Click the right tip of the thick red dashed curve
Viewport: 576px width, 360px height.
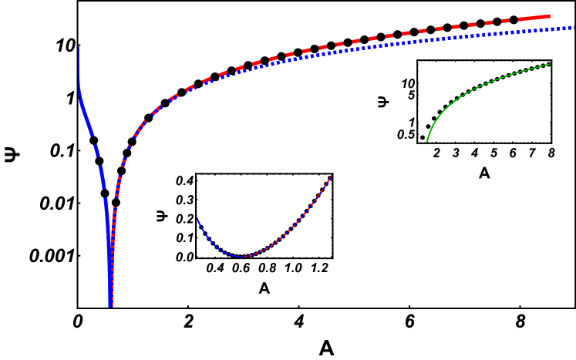pos(550,15)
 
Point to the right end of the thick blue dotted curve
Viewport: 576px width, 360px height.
pos(574,28)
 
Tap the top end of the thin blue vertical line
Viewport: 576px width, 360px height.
pos(79,46)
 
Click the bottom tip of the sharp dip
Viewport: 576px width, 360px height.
pos(111,306)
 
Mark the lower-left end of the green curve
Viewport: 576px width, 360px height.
pos(427,142)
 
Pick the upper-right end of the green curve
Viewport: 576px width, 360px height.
pos(550,64)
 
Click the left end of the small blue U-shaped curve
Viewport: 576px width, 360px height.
pos(197,219)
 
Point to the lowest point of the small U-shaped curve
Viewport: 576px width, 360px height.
pos(244,257)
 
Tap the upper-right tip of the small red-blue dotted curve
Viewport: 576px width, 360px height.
pos(332,176)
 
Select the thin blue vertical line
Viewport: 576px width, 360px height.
pos(79,69)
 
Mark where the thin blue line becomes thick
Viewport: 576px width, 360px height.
pos(79,97)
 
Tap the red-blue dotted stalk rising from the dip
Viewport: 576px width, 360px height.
pos(113,231)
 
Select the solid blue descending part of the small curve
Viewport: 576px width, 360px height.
pos(212,242)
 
